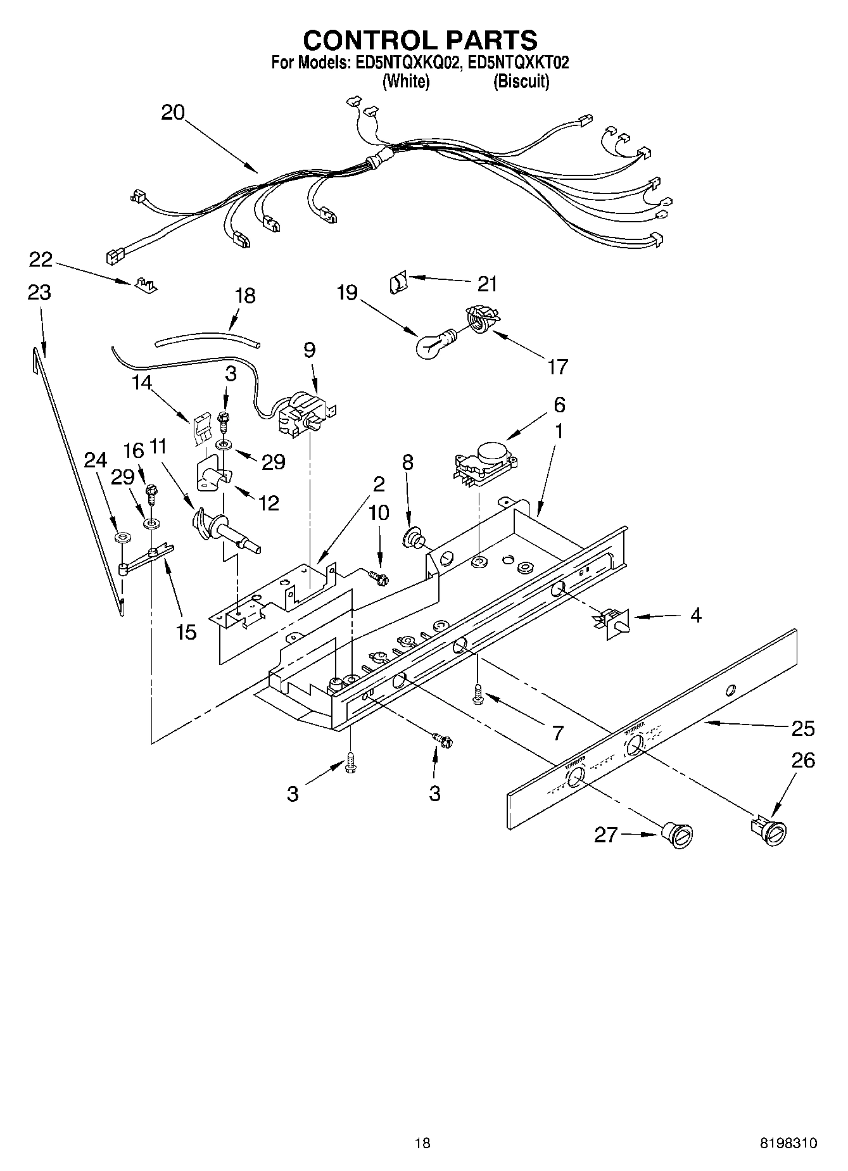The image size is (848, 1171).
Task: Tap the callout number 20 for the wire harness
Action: (x=172, y=113)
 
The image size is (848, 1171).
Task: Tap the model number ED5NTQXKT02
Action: (x=516, y=62)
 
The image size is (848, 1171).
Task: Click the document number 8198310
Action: (x=788, y=1143)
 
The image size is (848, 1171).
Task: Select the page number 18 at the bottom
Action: (x=422, y=1143)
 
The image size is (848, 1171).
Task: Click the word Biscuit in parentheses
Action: (x=521, y=81)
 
